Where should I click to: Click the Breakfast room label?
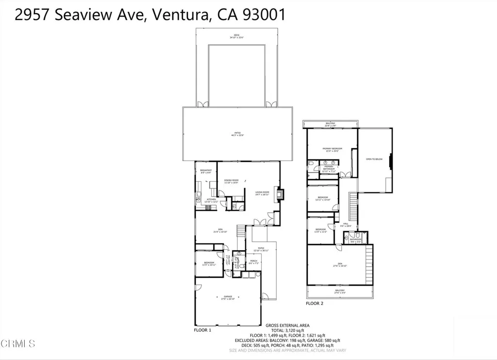pos(206,171)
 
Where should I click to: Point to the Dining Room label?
pos(231,182)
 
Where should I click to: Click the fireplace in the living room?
pos(278,195)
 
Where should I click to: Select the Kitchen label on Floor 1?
pos(212,200)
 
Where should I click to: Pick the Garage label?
pos(228,297)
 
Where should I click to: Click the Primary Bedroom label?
pos(332,149)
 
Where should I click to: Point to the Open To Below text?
pos(374,159)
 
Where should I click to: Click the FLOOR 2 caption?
pos(315,303)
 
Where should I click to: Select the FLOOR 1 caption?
pos(202,330)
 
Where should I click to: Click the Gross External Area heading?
pos(287,325)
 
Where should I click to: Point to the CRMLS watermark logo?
pos(18,343)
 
